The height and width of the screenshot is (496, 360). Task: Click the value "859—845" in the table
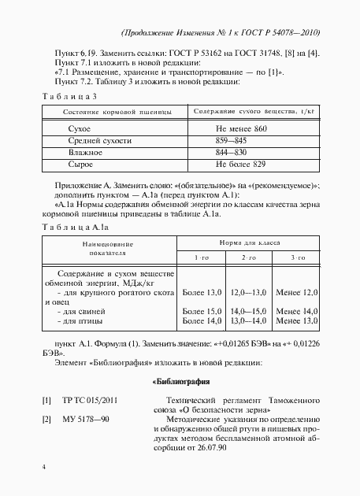(x=231, y=139)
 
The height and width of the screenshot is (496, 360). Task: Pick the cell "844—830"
(x=231, y=151)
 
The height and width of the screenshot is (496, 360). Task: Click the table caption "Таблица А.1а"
(x=74, y=227)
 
